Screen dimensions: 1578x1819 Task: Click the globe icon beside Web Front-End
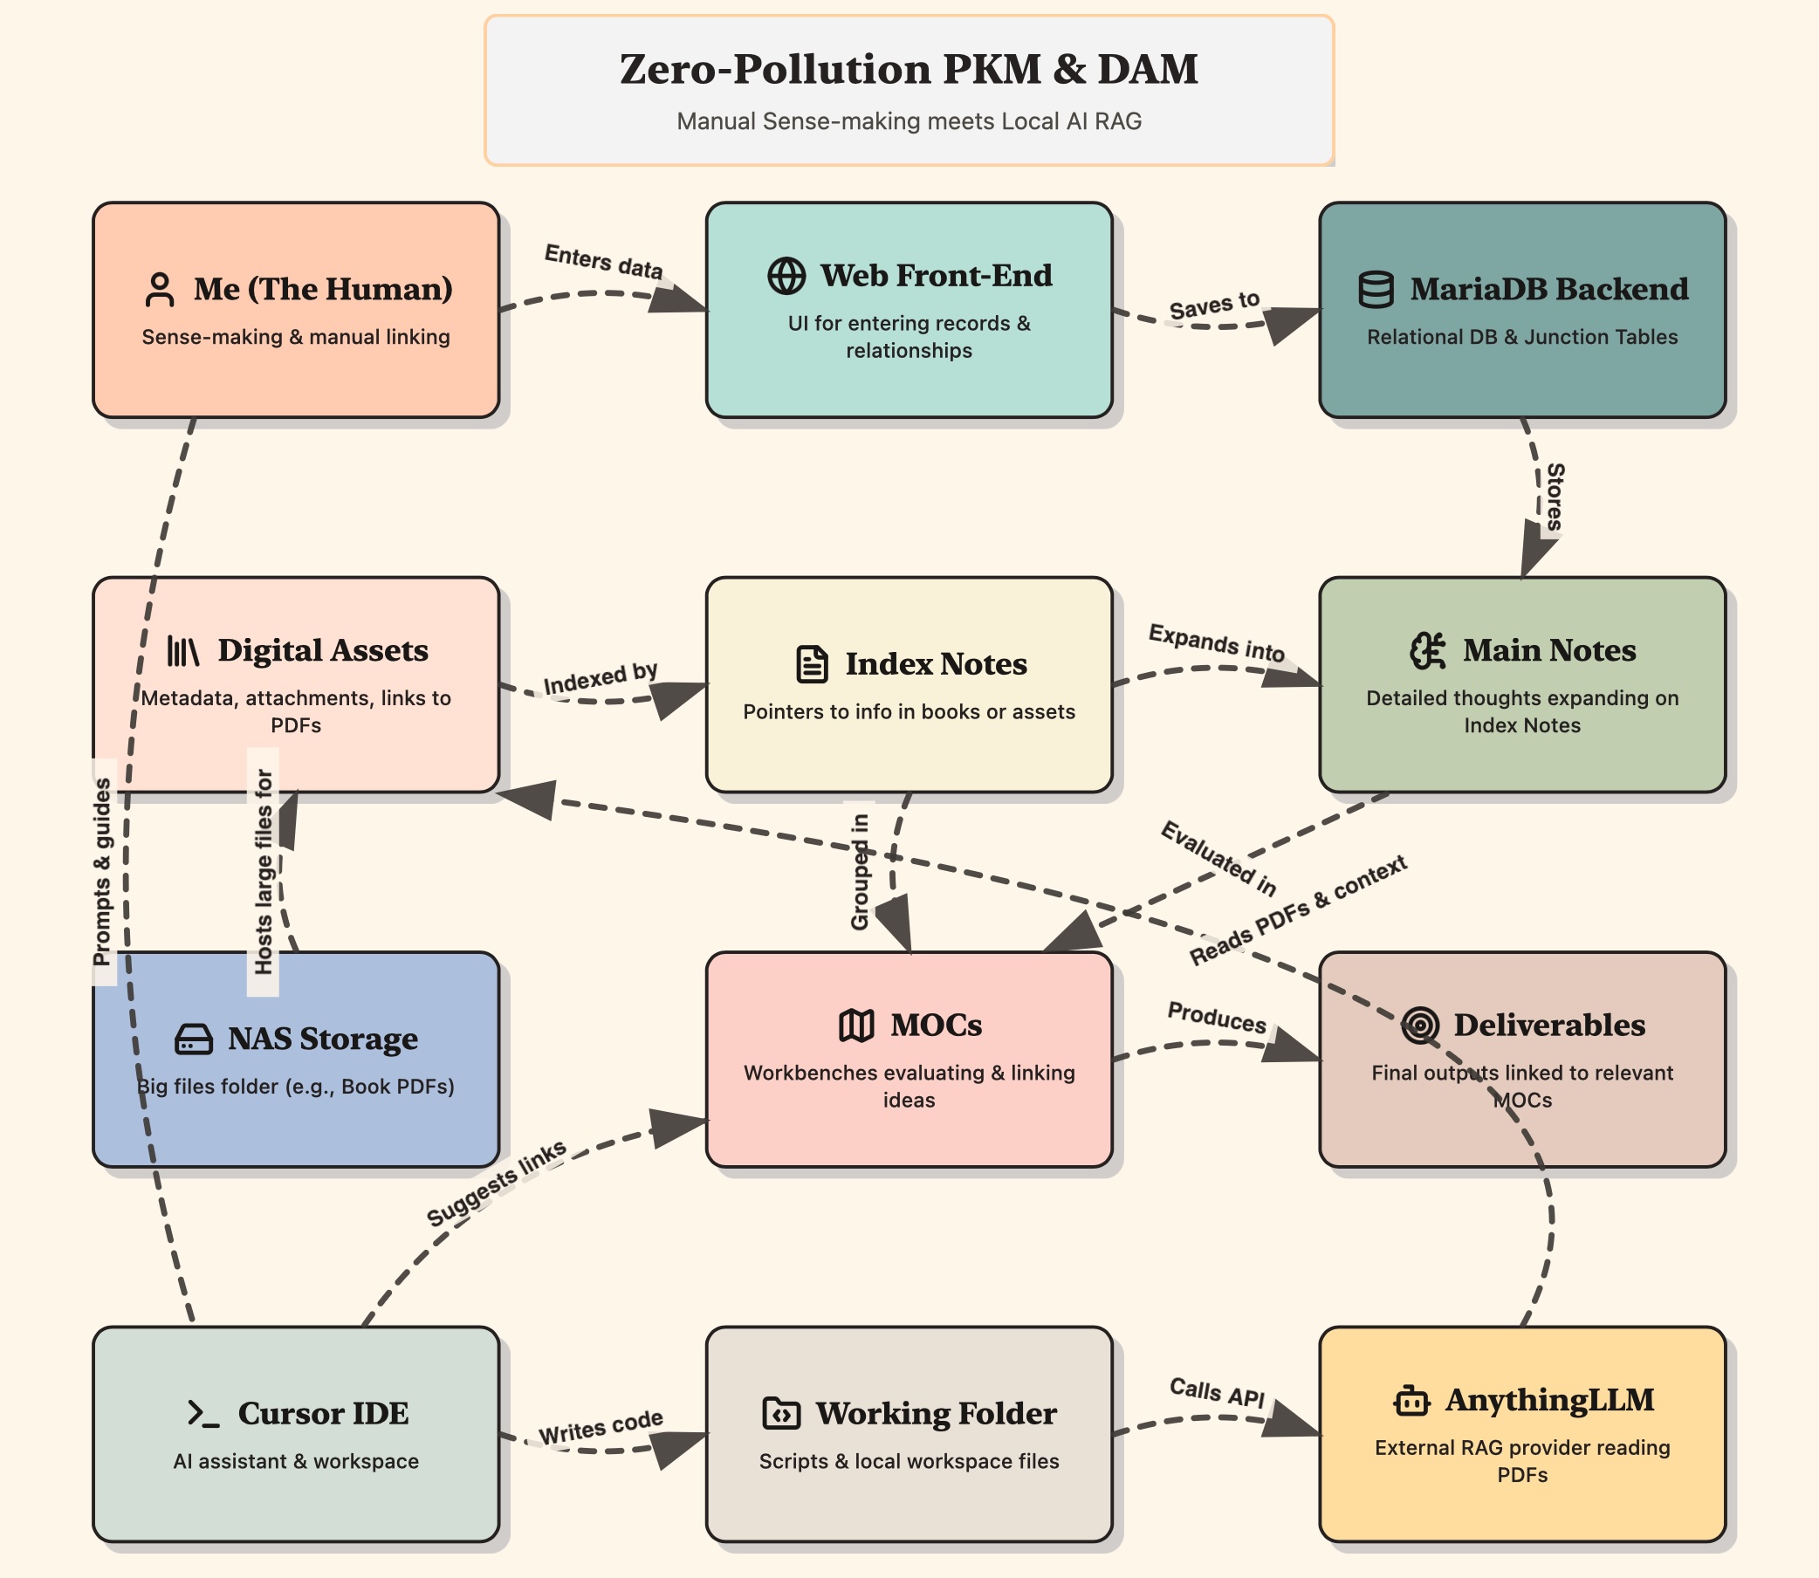(x=786, y=276)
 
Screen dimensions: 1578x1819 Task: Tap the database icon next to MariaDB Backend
(x=1376, y=289)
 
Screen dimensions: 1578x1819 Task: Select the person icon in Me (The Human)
(x=160, y=290)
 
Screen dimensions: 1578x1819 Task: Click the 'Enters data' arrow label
(x=603, y=262)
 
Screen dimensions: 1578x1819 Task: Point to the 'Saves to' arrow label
(x=1214, y=305)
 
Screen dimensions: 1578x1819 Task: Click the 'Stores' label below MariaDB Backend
(x=1555, y=497)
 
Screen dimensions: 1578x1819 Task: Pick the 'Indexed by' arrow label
(x=601, y=678)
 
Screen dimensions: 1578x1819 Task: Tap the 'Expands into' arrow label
(x=1216, y=642)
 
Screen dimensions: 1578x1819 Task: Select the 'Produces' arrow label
(x=1217, y=1017)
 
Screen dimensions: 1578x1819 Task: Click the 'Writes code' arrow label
(x=601, y=1426)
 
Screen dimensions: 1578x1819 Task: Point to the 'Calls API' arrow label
(x=1217, y=1392)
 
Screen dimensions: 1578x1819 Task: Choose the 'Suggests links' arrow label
(x=496, y=1183)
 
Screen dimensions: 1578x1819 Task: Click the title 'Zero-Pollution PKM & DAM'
(x=909, y=70)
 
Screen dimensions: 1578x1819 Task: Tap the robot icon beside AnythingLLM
(x=1411, y=1400)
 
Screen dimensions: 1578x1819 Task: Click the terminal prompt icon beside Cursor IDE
(x=203, y=1413)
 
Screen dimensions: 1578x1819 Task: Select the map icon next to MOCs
(x=855, y=1025)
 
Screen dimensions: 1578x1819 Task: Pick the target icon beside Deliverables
(x=1420, y=1025)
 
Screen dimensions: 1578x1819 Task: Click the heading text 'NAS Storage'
(x=322, y=1039)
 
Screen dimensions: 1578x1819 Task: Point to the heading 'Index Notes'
(x=936, y=664)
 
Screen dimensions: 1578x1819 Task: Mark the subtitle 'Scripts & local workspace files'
(x=909, y=1461)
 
